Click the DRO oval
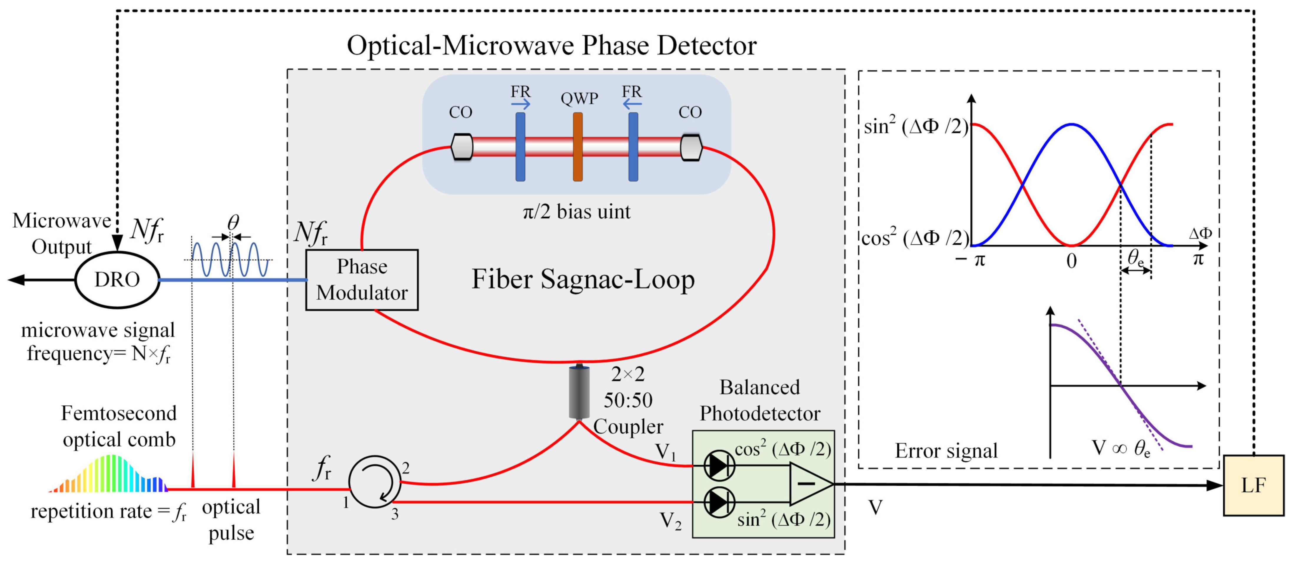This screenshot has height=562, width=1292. point(117,279)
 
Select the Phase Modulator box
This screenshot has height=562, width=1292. point(362,280)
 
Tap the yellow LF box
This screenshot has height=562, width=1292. point(1253,485)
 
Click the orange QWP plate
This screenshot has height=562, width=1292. point(578,147)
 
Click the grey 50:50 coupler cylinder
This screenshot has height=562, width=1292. point(579,392)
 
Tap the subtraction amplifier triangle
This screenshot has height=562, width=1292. point(808,484)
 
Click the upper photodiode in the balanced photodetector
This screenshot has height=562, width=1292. point(719,465)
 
